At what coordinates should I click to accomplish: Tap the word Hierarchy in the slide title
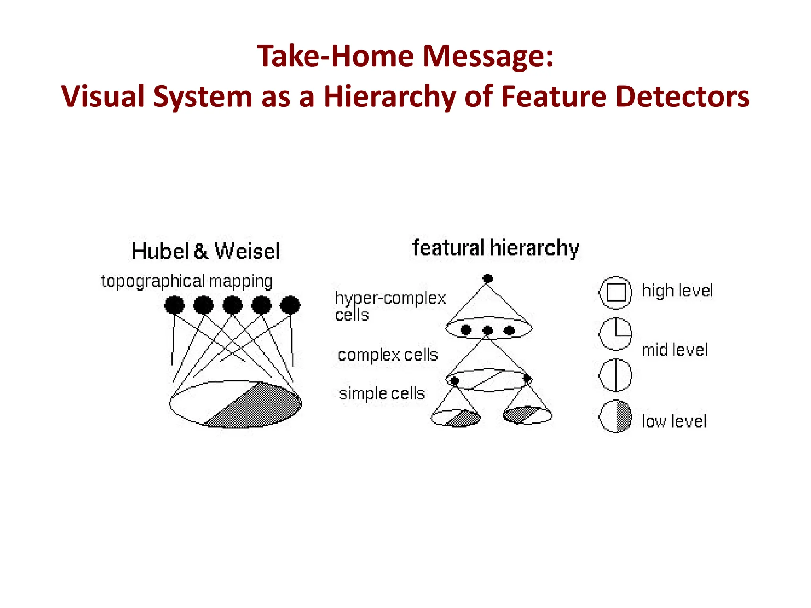[390, 97]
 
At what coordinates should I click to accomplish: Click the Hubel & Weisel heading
[206, 251]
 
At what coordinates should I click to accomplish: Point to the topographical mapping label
[187, 281]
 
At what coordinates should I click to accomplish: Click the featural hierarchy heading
[495, 248]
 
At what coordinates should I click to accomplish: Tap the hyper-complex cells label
[390, 306]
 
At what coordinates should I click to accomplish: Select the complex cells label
[387, 355]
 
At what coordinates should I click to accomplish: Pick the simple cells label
[381, 394]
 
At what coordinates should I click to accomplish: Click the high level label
[677, 291]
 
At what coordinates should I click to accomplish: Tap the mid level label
[674, 350]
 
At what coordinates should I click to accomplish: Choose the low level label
[674, 421]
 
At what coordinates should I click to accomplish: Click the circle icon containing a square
[615, 293]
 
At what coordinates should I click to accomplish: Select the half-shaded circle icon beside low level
[615, 416]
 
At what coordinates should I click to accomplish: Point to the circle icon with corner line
[615, 334]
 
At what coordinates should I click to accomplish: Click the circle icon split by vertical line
[615, 375]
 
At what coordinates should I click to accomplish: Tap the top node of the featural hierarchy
[488, 278]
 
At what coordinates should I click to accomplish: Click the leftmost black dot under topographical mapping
[174, 305]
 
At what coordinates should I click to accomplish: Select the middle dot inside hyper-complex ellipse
[488, 330]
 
